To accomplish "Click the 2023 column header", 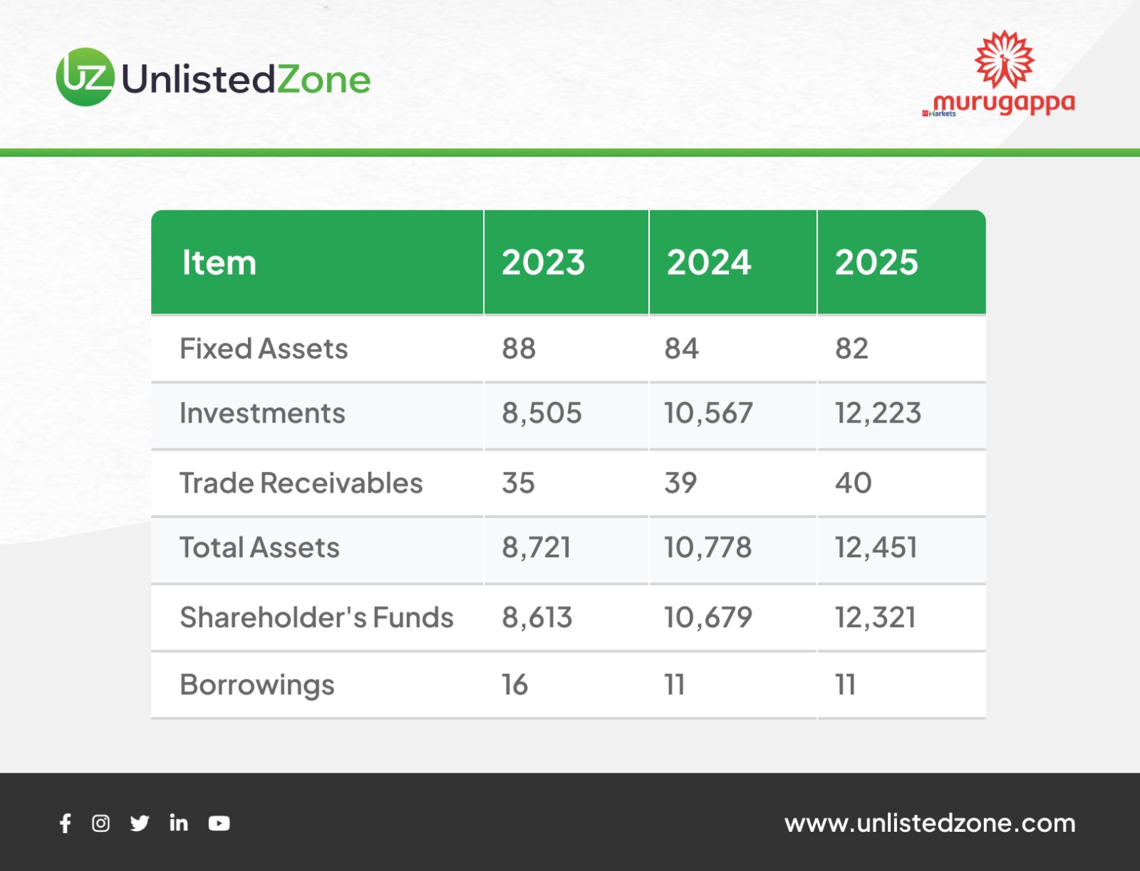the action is coord(543,262).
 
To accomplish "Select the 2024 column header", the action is coord(708,262).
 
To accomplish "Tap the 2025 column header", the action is coord(876,262).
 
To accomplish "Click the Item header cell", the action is coord(219,262).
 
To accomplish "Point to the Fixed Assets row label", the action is coord(264,348).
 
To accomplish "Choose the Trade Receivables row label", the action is coord(301,483).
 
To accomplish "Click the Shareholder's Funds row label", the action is coord(316,617).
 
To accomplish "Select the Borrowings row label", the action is coord(256,684).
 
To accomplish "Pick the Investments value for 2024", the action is coord(708,413).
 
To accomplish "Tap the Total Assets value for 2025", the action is coord(876,547).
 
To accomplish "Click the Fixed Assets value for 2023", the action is coord(518,348).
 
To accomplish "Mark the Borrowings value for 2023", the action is coord(514,684).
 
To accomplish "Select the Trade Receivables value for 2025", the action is coord(853,483).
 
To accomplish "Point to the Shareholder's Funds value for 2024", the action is coord(708,617).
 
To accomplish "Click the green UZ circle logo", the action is coord(85,77).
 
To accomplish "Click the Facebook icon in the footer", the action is coord(66,823).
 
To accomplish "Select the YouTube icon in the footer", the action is coord(219,823).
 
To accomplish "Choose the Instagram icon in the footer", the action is coord(100,823).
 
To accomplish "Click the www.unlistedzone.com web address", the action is coord(930,823).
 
